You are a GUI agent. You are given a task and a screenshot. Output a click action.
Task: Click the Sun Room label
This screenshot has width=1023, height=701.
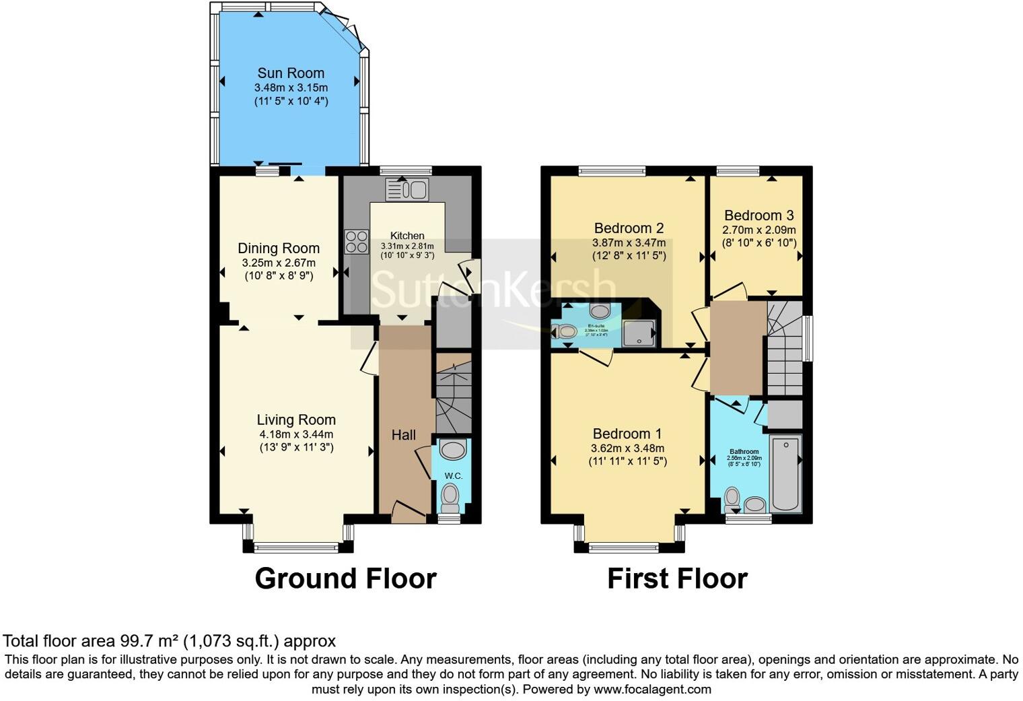(291, 73)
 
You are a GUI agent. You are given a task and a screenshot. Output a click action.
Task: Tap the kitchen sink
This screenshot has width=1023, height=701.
(407, 189)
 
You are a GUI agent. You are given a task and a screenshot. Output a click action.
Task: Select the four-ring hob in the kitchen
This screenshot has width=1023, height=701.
(357, 242)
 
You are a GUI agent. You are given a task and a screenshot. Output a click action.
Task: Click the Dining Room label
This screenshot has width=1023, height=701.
(279, 248)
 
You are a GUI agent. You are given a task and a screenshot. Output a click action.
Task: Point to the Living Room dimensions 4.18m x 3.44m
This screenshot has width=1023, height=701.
(296, 434)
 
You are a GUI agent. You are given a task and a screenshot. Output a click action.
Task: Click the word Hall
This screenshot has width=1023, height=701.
(404, 436)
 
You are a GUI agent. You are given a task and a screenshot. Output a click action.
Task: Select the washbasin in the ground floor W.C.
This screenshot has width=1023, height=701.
(453, 450)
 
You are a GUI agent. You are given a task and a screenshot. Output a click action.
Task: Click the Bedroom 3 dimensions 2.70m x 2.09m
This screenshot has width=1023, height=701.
(759, 230)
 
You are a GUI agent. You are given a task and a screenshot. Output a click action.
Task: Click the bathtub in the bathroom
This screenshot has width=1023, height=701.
(785, 473)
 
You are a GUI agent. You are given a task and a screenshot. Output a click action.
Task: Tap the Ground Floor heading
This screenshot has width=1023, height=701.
(345, 578)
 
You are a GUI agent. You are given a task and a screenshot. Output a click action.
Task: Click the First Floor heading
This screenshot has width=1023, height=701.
(677, 578)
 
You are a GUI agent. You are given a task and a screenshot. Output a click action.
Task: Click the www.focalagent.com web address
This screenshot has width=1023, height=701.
(652, 689)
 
